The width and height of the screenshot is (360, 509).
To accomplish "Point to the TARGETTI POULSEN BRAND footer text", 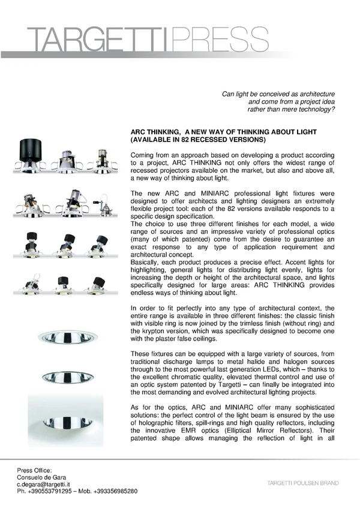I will coord(303,483).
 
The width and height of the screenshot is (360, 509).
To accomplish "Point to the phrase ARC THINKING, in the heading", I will coord(155,131).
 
